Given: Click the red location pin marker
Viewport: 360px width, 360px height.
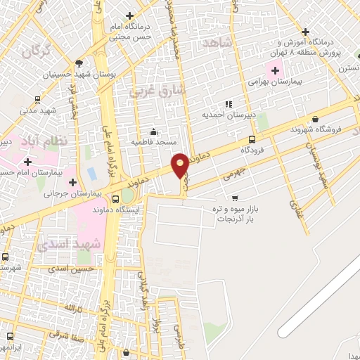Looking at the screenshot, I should (x=180, y=165).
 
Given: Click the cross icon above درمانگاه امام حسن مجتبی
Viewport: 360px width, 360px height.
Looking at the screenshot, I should (x=129, y=15).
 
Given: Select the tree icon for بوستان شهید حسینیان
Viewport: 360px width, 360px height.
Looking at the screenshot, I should (x=79, y=63).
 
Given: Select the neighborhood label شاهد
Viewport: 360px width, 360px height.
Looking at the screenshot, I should (x=217, y=44).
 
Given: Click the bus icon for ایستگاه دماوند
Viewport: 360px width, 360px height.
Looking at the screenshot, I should (x=115, y=199).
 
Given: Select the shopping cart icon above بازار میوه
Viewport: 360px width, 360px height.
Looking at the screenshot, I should (x=234, y=198).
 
